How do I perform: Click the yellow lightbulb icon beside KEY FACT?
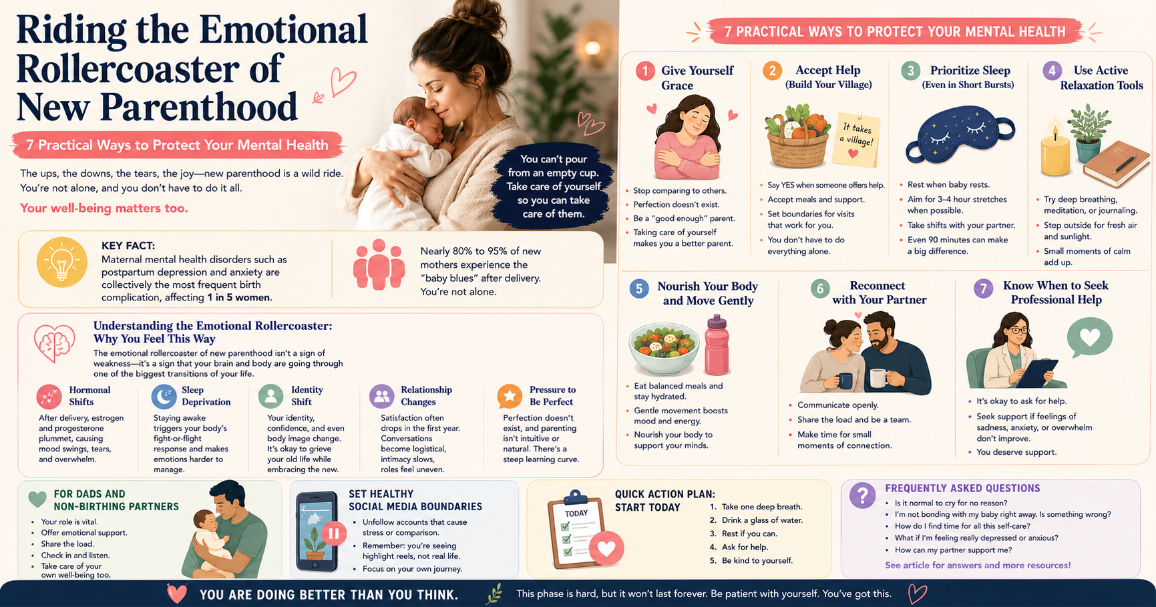62,262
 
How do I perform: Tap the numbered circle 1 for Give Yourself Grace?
645,71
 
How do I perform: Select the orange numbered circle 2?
772,70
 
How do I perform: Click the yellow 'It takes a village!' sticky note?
855,140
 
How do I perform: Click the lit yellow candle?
1055,152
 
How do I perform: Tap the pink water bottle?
717,345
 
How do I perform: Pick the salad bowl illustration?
664,347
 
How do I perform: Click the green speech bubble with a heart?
1089,337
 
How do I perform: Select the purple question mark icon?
862,495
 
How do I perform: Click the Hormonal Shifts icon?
49,396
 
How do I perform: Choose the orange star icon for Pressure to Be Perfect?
510,396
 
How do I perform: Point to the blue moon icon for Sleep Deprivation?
164,396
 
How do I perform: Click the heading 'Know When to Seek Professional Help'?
1056,292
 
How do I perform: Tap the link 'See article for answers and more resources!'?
978,565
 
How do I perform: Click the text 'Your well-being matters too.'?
104,208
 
